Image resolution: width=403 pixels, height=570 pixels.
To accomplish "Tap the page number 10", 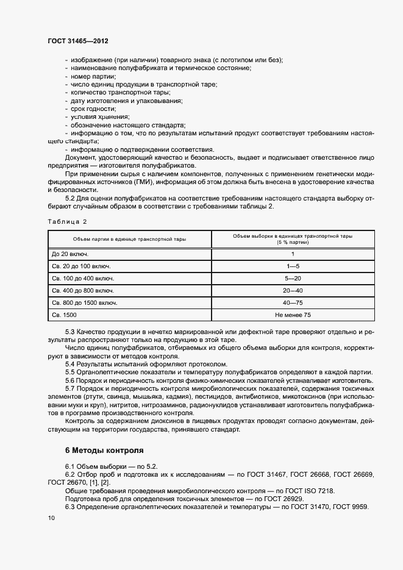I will pyautogui.click(x=51, y=518).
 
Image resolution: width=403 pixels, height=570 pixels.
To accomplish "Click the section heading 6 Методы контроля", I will pyautogui.click(x=104, y=451).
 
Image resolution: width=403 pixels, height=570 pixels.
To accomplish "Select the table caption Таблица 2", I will pyautogui.click(x=67, y=221).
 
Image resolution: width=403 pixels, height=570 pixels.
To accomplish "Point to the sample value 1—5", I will pyautogui.click(x=293, y=266).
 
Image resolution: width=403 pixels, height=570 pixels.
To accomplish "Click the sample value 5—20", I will pyautogui.click(x=293, y=278).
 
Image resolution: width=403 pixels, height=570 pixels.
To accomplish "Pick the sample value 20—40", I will pyautogui.click(x=293, y=290).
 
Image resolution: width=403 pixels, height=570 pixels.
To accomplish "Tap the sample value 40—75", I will pyautogui.click(x=293, y=302).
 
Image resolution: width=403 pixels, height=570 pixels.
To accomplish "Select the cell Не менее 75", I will pyautogui.click(x=293, y=315).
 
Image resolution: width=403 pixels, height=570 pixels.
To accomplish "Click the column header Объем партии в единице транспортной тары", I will pyautogui.click(x=129, y=238).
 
